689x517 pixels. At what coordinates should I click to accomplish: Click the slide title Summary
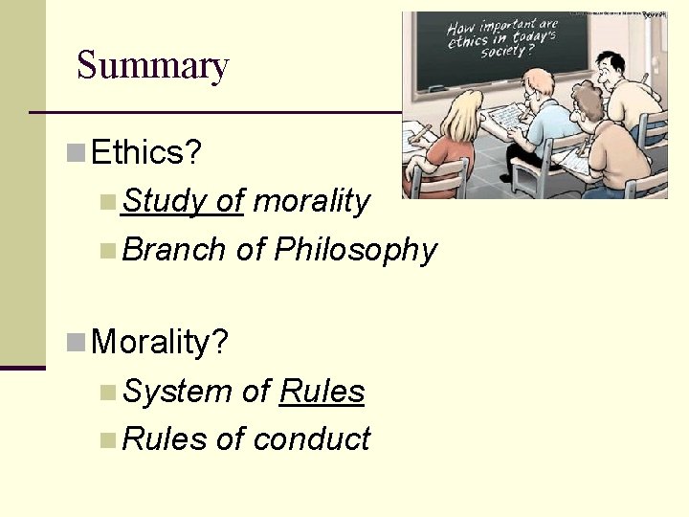pyautogui.click(x=152, y=66)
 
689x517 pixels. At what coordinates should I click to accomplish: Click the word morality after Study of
pyautogui.click(x=311, y=201)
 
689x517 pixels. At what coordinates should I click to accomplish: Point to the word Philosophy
pyautogui.click(x=355, y=250)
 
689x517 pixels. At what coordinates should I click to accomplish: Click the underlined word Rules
pyautogui.click(x=322, y=392)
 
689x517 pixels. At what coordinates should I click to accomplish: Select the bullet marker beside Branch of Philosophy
pyautogui.click(x=108, y=251)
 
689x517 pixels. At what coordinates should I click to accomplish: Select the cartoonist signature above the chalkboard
pyautogui.click(x=654, y=15)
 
